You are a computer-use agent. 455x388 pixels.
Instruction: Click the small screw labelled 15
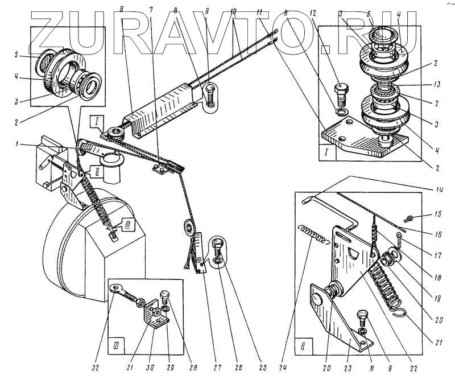pos(411,218)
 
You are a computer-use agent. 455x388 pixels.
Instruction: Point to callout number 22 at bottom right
pos(414,369)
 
